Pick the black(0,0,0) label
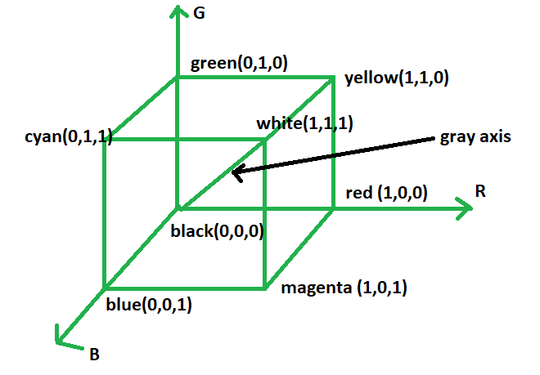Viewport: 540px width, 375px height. [216, 231]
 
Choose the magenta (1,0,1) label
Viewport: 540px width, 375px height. [344, 288]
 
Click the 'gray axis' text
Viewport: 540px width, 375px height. [475, 136]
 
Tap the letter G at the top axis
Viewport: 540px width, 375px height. [200, 13]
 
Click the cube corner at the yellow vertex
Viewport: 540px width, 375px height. [334, 78]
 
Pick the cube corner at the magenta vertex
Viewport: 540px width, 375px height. [265, 288]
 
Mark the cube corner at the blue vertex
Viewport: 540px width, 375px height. [105, 288]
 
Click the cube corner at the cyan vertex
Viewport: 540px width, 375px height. [105, 140]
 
